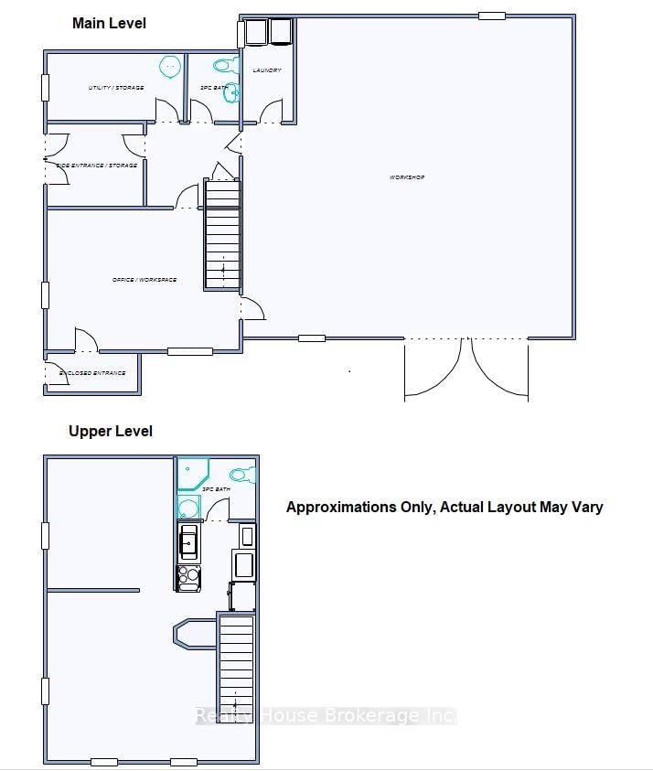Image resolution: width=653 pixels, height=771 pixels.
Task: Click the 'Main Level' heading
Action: pos(109,23)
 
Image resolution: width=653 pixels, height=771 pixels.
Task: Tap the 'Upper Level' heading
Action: pos(111,431)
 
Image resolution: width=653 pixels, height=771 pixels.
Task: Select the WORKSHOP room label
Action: pos(407,177)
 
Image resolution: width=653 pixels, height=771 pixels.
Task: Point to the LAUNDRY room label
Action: pos(267,70)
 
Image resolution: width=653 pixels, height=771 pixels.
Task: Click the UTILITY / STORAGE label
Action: pos(115,88)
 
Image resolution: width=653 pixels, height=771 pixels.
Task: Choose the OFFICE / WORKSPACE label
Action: pos(145,280)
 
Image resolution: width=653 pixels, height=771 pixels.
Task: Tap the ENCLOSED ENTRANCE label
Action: pos(91,373)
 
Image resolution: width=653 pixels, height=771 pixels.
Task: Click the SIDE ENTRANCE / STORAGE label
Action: pos(96,166)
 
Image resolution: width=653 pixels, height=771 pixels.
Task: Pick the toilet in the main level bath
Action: pos(223,66)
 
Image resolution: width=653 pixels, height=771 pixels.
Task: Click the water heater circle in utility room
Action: pos(170,66)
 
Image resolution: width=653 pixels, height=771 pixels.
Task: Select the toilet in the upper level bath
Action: pos(243,475)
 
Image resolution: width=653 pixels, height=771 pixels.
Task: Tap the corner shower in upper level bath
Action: pos(193,474)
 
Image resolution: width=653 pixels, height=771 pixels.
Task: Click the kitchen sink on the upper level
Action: pos(188,542)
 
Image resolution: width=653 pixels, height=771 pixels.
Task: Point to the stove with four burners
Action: pos(188,577)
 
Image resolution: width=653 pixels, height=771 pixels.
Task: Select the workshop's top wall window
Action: pos(492,16)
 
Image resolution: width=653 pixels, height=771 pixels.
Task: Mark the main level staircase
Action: pos(222,235)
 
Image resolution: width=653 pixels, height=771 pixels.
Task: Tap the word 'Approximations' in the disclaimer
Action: pos(340,507)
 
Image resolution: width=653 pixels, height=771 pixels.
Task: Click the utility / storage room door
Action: pos(167,112)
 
